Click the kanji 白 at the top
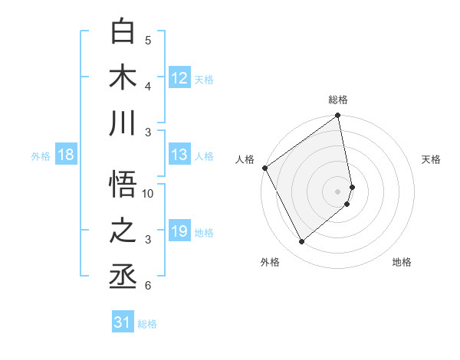click(x=123, y=31)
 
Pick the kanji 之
click(x=123, y=231)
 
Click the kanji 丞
click(x=123, y=277)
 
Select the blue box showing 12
click(x=179, y=78)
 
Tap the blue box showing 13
click(x=179, y=155)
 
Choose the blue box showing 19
click(x=179, y=231)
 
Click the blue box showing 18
click(x=66, y=155)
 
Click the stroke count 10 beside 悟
click(x=148, y=194)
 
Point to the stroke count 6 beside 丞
click(x=148, y=286)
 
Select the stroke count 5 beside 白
click(x=148, y=41)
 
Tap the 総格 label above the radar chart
click(x=338, y=100)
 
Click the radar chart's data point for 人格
click(x=264, y=168)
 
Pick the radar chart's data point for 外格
click(x=301, y=242)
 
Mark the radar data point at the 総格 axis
click(x=338, y=116)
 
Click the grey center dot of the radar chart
click(x=338, y=191)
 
